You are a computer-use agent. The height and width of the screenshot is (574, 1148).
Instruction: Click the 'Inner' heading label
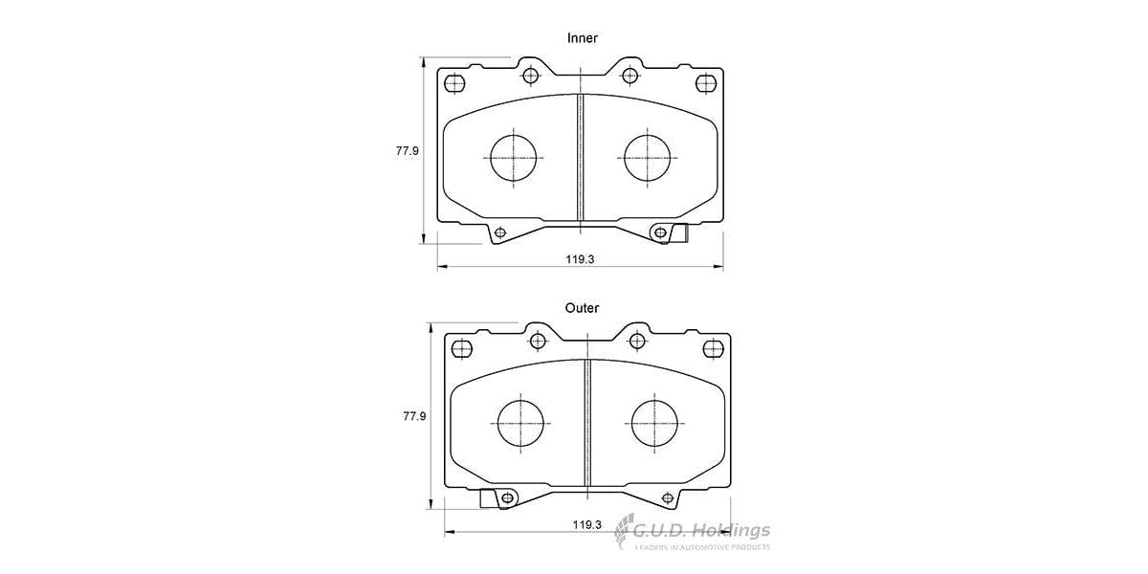582,38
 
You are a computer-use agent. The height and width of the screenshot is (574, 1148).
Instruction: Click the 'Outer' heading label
582,308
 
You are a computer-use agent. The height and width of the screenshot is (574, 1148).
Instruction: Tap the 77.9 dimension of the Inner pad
408,151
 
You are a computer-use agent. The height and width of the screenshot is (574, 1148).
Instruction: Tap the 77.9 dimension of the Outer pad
414,416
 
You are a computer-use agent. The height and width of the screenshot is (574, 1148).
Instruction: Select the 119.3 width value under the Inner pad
580,259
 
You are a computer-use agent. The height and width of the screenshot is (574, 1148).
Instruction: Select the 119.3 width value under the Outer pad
586,524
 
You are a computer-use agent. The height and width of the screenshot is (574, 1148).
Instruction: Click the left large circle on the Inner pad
516,157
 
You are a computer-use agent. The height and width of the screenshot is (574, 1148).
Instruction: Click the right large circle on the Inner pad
650,157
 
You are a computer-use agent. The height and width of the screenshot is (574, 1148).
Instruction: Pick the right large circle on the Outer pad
655,422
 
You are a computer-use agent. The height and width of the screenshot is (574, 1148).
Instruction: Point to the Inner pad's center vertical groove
580,158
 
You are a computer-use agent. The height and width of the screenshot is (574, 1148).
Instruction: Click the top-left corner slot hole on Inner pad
454,82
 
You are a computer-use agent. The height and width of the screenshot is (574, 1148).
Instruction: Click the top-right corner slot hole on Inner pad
706,82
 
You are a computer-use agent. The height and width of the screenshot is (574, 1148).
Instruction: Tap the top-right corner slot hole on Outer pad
713,347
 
